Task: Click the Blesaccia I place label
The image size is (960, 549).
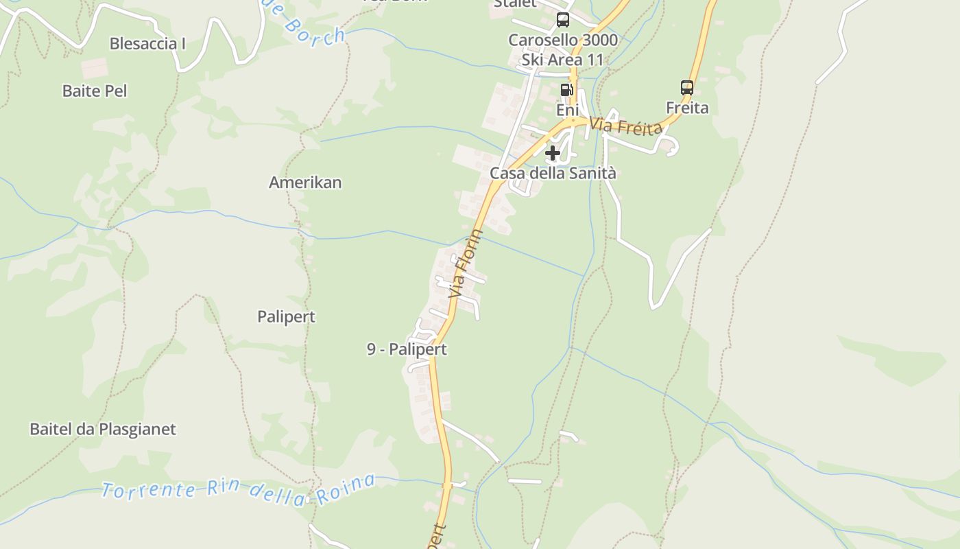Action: pyautogui.click(x=147, y=44)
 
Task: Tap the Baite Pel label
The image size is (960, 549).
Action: pyautogui.click(x=95, y=91)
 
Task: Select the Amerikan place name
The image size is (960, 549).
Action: pyautogui.click(x=305, y=183)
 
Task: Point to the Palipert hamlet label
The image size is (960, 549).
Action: pyautogui.click(x=286, y=316)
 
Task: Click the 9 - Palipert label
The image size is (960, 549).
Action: pyautogui.click(x=407, y=349)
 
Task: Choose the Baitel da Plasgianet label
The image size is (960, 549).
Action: pyautogui.click(x=103, y=429)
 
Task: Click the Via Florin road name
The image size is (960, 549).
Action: pyautogui.click(x=466, y=264)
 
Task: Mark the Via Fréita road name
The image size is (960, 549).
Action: pyautogui.click(x=626, y=126)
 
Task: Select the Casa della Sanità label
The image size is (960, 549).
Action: pyautogui.click(x=553, y=174)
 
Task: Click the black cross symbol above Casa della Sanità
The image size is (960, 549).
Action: pyautogui.click(x=553, y=153)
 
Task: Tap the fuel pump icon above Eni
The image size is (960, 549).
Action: pyautogui.click(x=566, y=89)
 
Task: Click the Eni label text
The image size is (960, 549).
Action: pyautogui.click(x=567, y=110)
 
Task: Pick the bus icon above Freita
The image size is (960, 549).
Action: pyautogui.click(x=687, y=87)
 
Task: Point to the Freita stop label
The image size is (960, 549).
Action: pyautogui.click(x=687, y=108)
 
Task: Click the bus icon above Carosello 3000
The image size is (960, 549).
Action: pyautogui.click(x=563, y=19)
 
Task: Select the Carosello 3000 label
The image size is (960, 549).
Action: pyautogui.click(x=563, y=40)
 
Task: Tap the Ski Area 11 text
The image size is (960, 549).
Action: pyautogui.click(x=563, y=60)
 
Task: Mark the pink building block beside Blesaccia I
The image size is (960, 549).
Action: pyautogui.click(x=94, y=68)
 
